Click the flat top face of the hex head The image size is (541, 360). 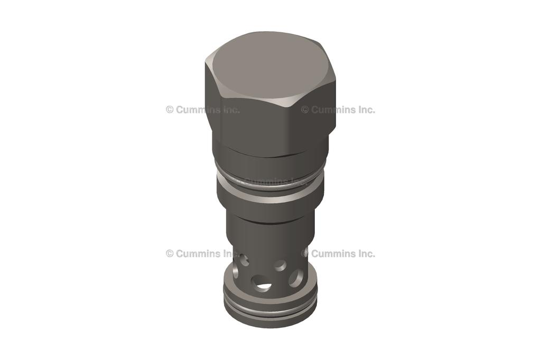(x=269, y=67)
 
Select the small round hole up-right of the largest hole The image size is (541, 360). (x=281, y=264)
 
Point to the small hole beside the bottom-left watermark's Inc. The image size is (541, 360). (x=244, y=259)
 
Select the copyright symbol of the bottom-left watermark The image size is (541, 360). (x=170, y=253)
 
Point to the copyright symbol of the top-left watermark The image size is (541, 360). (x=170, y=110)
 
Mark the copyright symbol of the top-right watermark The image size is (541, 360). (x=305, y=110)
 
